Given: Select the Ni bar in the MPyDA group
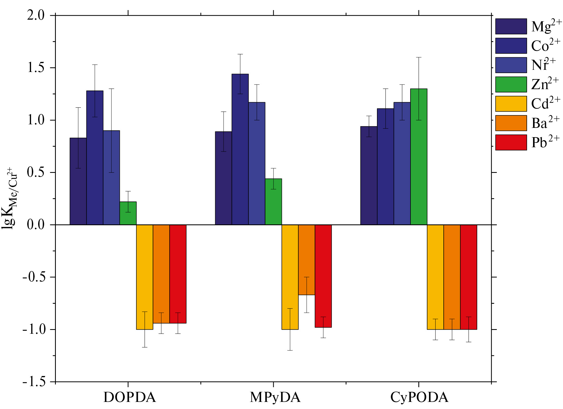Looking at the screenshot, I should pos(257,164).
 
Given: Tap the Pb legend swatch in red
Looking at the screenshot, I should pos(511,142).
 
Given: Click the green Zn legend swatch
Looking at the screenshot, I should pos(511,85).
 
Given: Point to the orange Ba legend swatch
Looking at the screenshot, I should pos(511,123).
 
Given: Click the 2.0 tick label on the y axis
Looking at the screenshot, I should pos(36,15).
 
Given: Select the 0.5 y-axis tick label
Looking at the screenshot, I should pos(36,172).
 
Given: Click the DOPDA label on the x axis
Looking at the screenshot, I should pos(130,397).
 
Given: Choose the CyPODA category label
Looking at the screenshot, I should pos(419,397).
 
